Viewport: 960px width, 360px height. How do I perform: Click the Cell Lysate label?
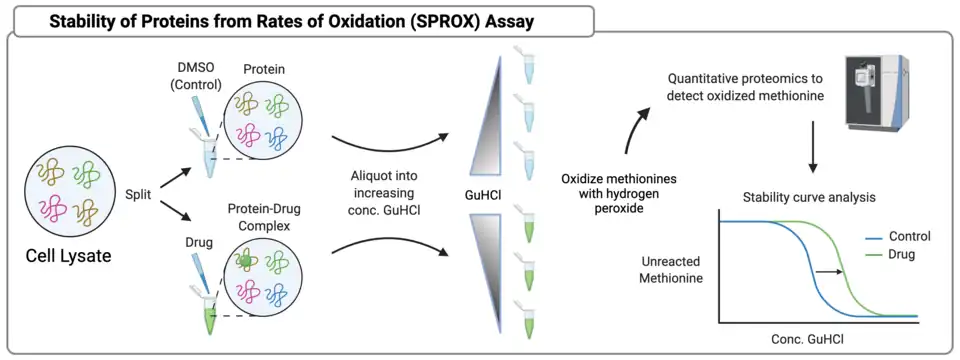click(68, 255)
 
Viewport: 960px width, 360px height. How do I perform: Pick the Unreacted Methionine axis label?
click(671, 269)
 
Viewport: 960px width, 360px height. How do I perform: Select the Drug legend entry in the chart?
click(891, 254)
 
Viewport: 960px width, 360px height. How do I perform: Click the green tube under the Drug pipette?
click(209, 315)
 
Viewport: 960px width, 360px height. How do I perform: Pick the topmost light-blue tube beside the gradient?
click(527, 64)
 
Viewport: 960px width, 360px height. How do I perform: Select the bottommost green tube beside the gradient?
click(527, 318)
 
